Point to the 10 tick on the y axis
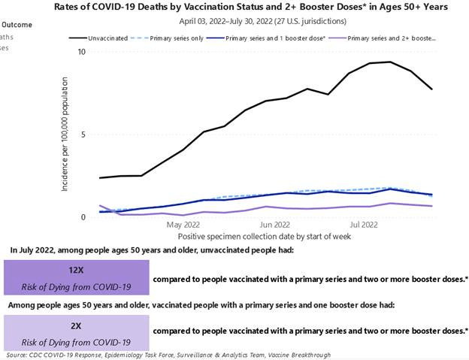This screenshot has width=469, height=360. coord(82,52)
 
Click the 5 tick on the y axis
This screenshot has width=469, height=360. coord(84,135)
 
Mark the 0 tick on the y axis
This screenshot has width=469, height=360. coord(84,217)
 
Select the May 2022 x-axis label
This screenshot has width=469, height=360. coord(183,224)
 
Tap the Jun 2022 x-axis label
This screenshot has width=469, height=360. coord(274,224)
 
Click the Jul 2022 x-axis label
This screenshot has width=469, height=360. coord(365,224)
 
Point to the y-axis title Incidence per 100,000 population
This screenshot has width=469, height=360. coord(68,135)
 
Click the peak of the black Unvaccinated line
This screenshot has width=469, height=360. coord(389,62)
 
